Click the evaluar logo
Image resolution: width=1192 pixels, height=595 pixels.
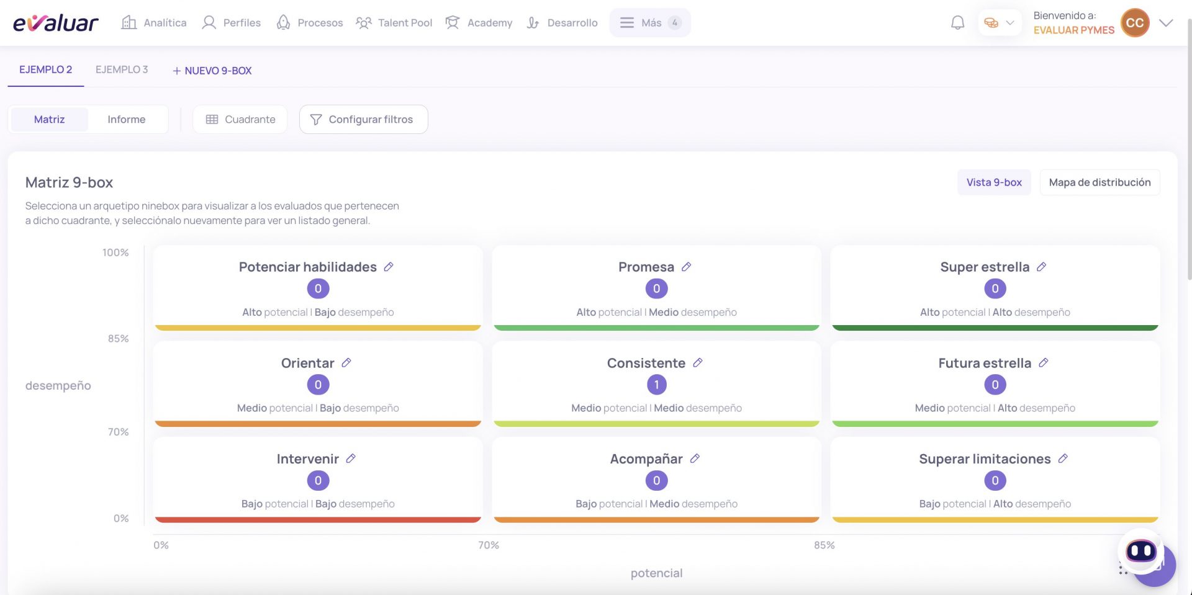(x=55, y=23)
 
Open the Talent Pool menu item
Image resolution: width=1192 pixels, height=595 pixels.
(x=394, y=23)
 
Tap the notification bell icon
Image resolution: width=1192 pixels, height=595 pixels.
(x=957, y=23)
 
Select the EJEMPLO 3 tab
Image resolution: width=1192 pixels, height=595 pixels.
(x=122, y=69)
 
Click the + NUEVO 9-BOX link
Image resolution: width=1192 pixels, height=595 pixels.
(x=212, y=71)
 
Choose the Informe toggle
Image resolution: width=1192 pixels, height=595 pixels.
(x=127, y=119)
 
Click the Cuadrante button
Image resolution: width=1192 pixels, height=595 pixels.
(x=240, y=119)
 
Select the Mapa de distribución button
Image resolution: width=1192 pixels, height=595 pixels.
(x=1099, y=182)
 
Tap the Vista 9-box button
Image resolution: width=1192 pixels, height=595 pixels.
(x=994, y=182)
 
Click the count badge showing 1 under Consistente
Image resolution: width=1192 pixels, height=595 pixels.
(x=656, y=385)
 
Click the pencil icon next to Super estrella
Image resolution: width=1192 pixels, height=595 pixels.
(x=1042, y=267)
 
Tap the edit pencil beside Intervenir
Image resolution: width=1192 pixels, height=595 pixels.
(x=351, y=459)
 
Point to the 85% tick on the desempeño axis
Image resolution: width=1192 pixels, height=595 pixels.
(x=118, y=339)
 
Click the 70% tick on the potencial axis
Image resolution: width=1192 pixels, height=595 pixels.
(x=489, y=545)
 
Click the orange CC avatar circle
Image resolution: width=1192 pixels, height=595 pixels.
(x=1135, y=23)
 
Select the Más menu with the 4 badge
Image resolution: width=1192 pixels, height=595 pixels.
(x=650, y=23)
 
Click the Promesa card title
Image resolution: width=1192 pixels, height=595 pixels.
(x=646, y=267)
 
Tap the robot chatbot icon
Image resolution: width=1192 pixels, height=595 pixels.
(x=1141, y=550)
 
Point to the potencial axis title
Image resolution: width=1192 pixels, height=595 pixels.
(x=656, y=573)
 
